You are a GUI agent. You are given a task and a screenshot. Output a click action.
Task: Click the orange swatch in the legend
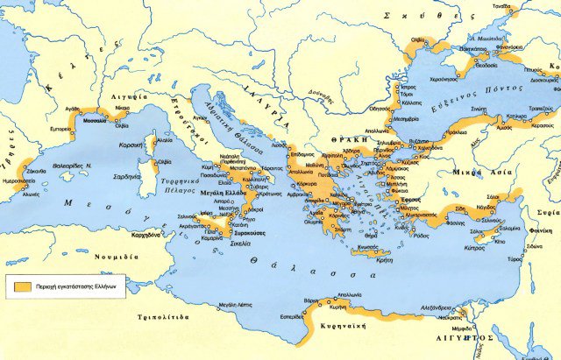coord(21,285)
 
